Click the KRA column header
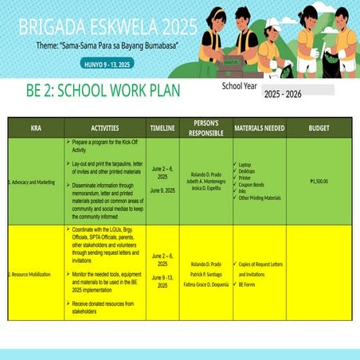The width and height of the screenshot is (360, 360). pyautogui.click(x=36, y=127)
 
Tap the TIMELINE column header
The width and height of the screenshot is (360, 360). pyautogui.click(x=162, y=127)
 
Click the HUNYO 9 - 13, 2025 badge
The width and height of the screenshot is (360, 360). pyautogui.click(x=107, y=64)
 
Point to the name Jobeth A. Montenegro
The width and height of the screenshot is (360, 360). pyautogui.click(x=205, y=182)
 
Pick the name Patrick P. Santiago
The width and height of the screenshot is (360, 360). pyautogui.click(x=205, y=273)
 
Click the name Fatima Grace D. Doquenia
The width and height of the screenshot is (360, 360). pyautogui.click(x=205, y=284)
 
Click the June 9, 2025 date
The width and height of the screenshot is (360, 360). pyautogui.click(x=162, y=190)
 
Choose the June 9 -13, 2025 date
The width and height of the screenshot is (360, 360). pyautogui.click(x=162, y=281)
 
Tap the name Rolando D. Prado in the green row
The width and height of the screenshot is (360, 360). pyautogui.click(x=205, y=174)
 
